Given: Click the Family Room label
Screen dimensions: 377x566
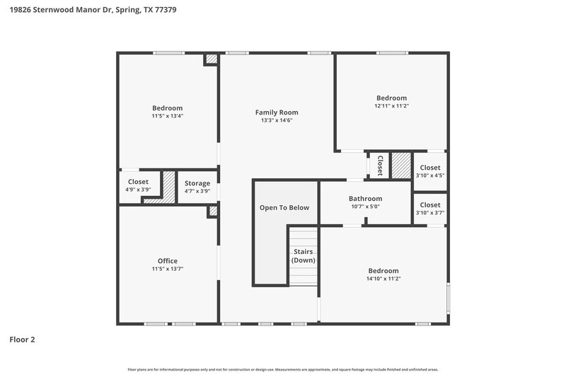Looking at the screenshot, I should [x=276, y=112].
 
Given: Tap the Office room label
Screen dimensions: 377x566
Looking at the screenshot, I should [x=168, y=260].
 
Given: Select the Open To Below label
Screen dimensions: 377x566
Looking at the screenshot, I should [x=284, y=207].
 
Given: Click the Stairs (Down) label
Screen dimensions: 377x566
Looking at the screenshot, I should [x=303, y=255].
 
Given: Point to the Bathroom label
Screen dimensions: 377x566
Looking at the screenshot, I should [x=365, y=199].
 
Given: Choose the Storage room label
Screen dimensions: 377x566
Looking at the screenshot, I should [x=197, y=183].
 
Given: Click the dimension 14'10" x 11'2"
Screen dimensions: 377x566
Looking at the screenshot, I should [x=383, y=279].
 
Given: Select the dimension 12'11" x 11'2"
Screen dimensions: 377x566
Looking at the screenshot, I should [x=391, y=105].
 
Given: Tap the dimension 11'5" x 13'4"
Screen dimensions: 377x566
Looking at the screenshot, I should [x=168, y=116].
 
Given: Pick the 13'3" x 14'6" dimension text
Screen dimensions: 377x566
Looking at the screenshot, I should [x=276, y=120].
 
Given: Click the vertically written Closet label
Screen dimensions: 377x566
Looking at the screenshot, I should [x=380, y=165].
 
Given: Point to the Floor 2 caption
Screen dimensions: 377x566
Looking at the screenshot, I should [x=22, y=340].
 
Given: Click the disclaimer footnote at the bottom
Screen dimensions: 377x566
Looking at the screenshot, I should [x=282, y=369].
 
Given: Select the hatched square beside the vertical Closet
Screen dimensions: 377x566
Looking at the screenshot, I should [x=401, y=166].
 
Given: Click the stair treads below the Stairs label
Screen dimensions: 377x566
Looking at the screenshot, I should [x=303, y=276].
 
